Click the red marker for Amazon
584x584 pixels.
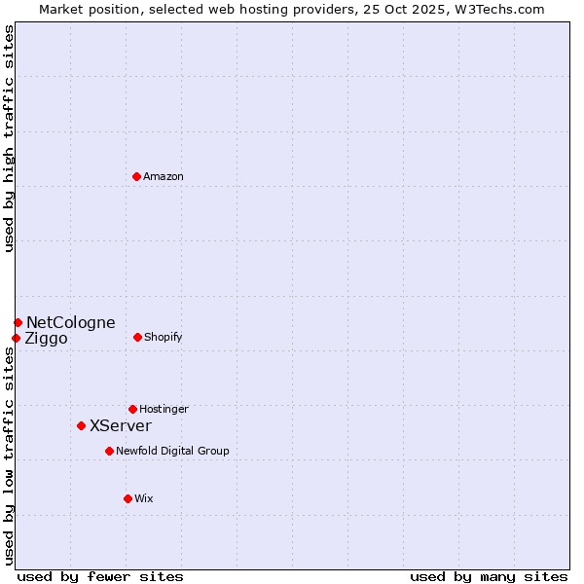point(136,176)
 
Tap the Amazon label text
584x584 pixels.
point(164,177)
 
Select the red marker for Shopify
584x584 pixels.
point(137,337)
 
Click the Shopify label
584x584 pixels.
point(164,338)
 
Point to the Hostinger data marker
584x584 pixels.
point(132,409)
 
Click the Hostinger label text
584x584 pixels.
point(164,410)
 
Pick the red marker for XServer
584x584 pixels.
point(81,425)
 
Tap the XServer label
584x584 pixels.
point(121,426)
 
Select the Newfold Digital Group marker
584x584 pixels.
point(109,451)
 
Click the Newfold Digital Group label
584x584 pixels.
point(172,452)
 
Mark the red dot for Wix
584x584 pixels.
point(128,498)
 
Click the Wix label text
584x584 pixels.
point(144,499)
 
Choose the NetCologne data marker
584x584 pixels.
point(18,322)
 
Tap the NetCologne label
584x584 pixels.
point(70,323)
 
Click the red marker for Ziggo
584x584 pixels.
point(16,338)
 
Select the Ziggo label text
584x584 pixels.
point(47,339)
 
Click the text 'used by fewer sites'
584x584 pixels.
point(99,576)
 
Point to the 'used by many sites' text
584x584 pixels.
point(489,576)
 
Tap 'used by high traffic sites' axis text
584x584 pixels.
point(9,138)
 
